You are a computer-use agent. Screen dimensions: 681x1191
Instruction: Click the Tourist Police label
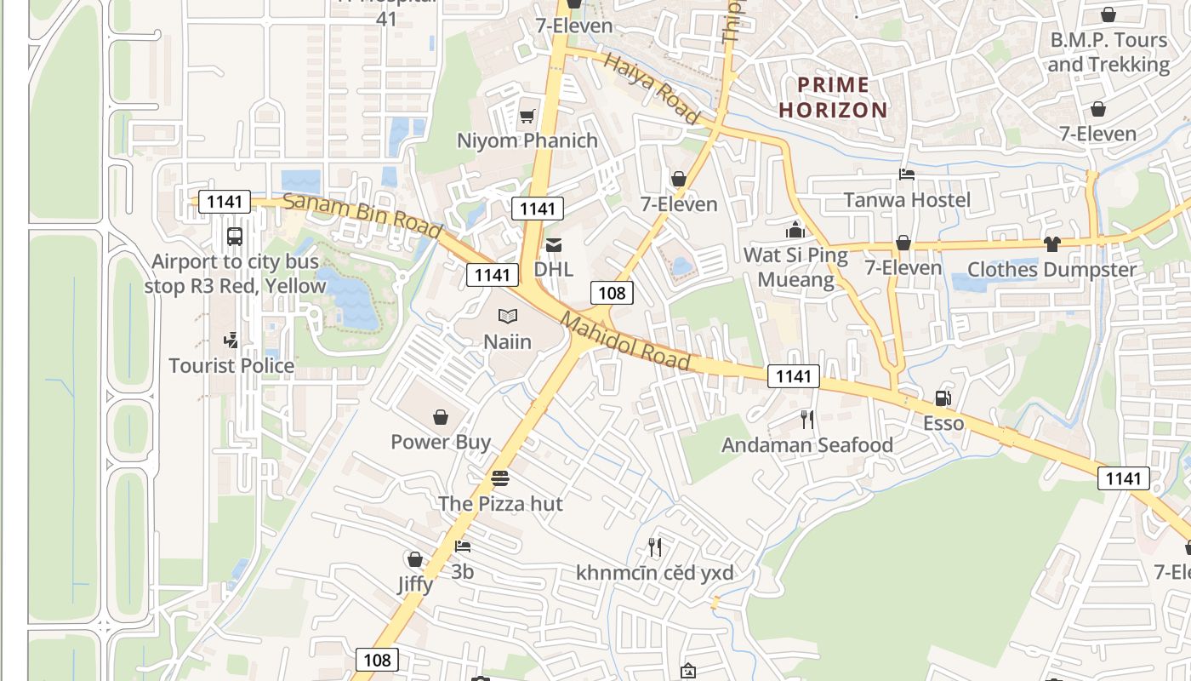pyautogui.click(x=231, y=366)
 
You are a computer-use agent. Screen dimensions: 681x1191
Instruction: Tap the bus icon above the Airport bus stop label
pyautogui.click(x=235, y=237)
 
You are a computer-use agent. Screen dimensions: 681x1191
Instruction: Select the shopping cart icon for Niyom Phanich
pyautogui.click(x=527, y=116)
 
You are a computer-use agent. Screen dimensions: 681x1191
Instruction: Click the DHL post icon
pyautogui.click(x=554, y=245)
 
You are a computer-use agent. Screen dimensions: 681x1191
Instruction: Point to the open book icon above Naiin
pyautogui.click(x=508, y=317)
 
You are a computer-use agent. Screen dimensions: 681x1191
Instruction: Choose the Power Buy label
pyautogui.click(x=441, y=442)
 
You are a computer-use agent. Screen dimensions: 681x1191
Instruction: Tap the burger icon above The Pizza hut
pyautogui.click(x=500, y=478)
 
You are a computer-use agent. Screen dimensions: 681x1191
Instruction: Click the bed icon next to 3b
pyautogui.click(x=463, y=547)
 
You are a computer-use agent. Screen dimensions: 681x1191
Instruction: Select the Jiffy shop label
pyautogui.click(x=415, y=585)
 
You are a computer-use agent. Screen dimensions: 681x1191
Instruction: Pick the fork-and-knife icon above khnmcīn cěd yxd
pyautogui.click(x=654, y=547)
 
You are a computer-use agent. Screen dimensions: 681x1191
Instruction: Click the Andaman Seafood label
pyautogui.click(x=807, y=445)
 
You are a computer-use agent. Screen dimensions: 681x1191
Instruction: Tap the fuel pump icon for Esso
pyautogui.click(x=943, y=398)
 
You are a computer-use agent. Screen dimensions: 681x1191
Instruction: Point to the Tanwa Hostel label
pyautogui.click(x=907, y=200)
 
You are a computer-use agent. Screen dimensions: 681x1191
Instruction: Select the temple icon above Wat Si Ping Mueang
pyautogui.click(x=795, y=230)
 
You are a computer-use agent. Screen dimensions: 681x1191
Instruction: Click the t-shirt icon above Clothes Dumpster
pyautogui.click(x=1052, y=244)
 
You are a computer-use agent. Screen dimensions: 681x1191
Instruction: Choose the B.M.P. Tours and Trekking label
pyautogui.click(x=1108, y=53)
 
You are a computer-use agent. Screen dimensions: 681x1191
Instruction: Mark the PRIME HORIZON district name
pyautogui.click(x=834, y=97)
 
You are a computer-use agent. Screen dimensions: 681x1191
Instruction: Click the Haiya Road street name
pyautogui.click(x=652, y=88)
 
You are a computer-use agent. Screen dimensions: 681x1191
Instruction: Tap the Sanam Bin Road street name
pyautogui.click(x=362, y=216)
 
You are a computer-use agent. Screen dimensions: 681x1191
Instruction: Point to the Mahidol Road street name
pyautogui.click(x=625, y=342)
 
